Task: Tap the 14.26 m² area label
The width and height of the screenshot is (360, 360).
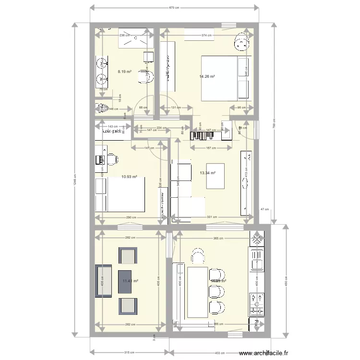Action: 207,76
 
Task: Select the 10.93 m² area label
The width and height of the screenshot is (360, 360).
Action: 129,177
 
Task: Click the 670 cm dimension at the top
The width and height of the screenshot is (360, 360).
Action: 174,8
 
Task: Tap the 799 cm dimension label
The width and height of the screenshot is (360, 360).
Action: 274,123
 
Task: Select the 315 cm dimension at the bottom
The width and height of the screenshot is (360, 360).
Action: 129,353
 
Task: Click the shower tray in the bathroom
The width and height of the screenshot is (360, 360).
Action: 135,39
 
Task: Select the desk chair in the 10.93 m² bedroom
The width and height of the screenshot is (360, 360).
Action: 112,159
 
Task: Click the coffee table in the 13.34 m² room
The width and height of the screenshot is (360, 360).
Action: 215,176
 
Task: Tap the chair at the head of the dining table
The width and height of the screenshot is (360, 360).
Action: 199,257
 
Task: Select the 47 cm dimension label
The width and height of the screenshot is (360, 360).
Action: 264,210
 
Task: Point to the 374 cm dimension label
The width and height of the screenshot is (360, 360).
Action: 206,35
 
